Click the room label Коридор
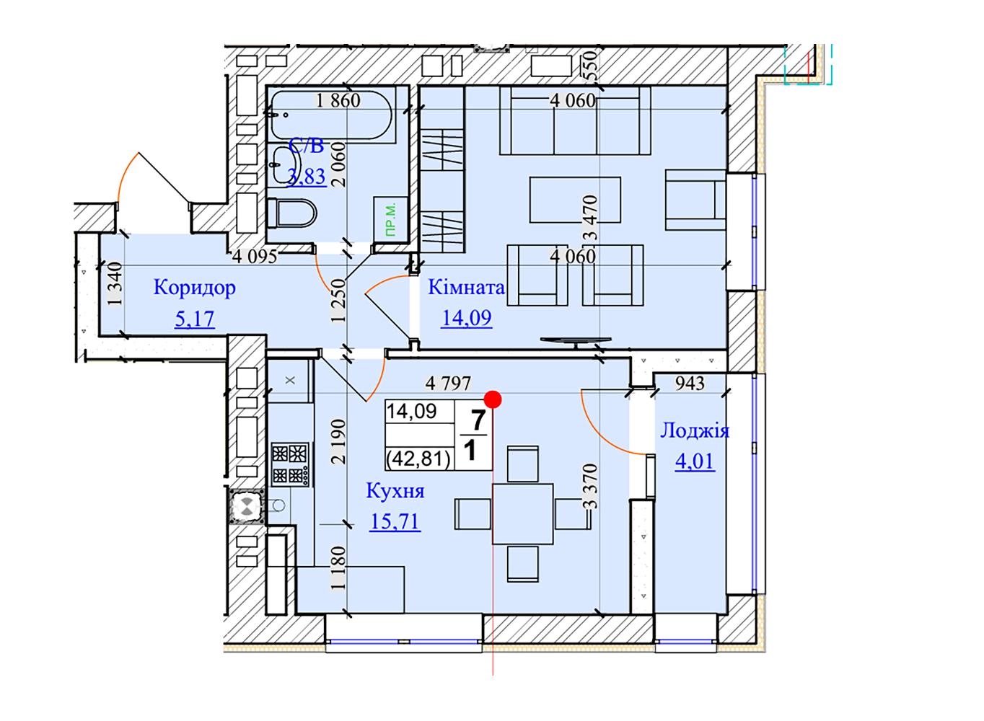195,288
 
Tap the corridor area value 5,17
195,319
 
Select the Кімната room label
466,288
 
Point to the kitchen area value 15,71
395,522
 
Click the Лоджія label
695,431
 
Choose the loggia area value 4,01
695,461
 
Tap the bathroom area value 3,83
307,177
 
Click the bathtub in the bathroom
331,116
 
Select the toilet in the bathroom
292,213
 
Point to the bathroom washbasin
285,164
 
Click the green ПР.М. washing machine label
390,219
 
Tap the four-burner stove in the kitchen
290,464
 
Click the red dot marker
493,399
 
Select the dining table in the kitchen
523,514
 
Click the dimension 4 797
447,384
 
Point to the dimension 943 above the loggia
690,384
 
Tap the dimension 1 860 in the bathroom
338,100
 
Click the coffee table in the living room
575,200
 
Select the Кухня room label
395,491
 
